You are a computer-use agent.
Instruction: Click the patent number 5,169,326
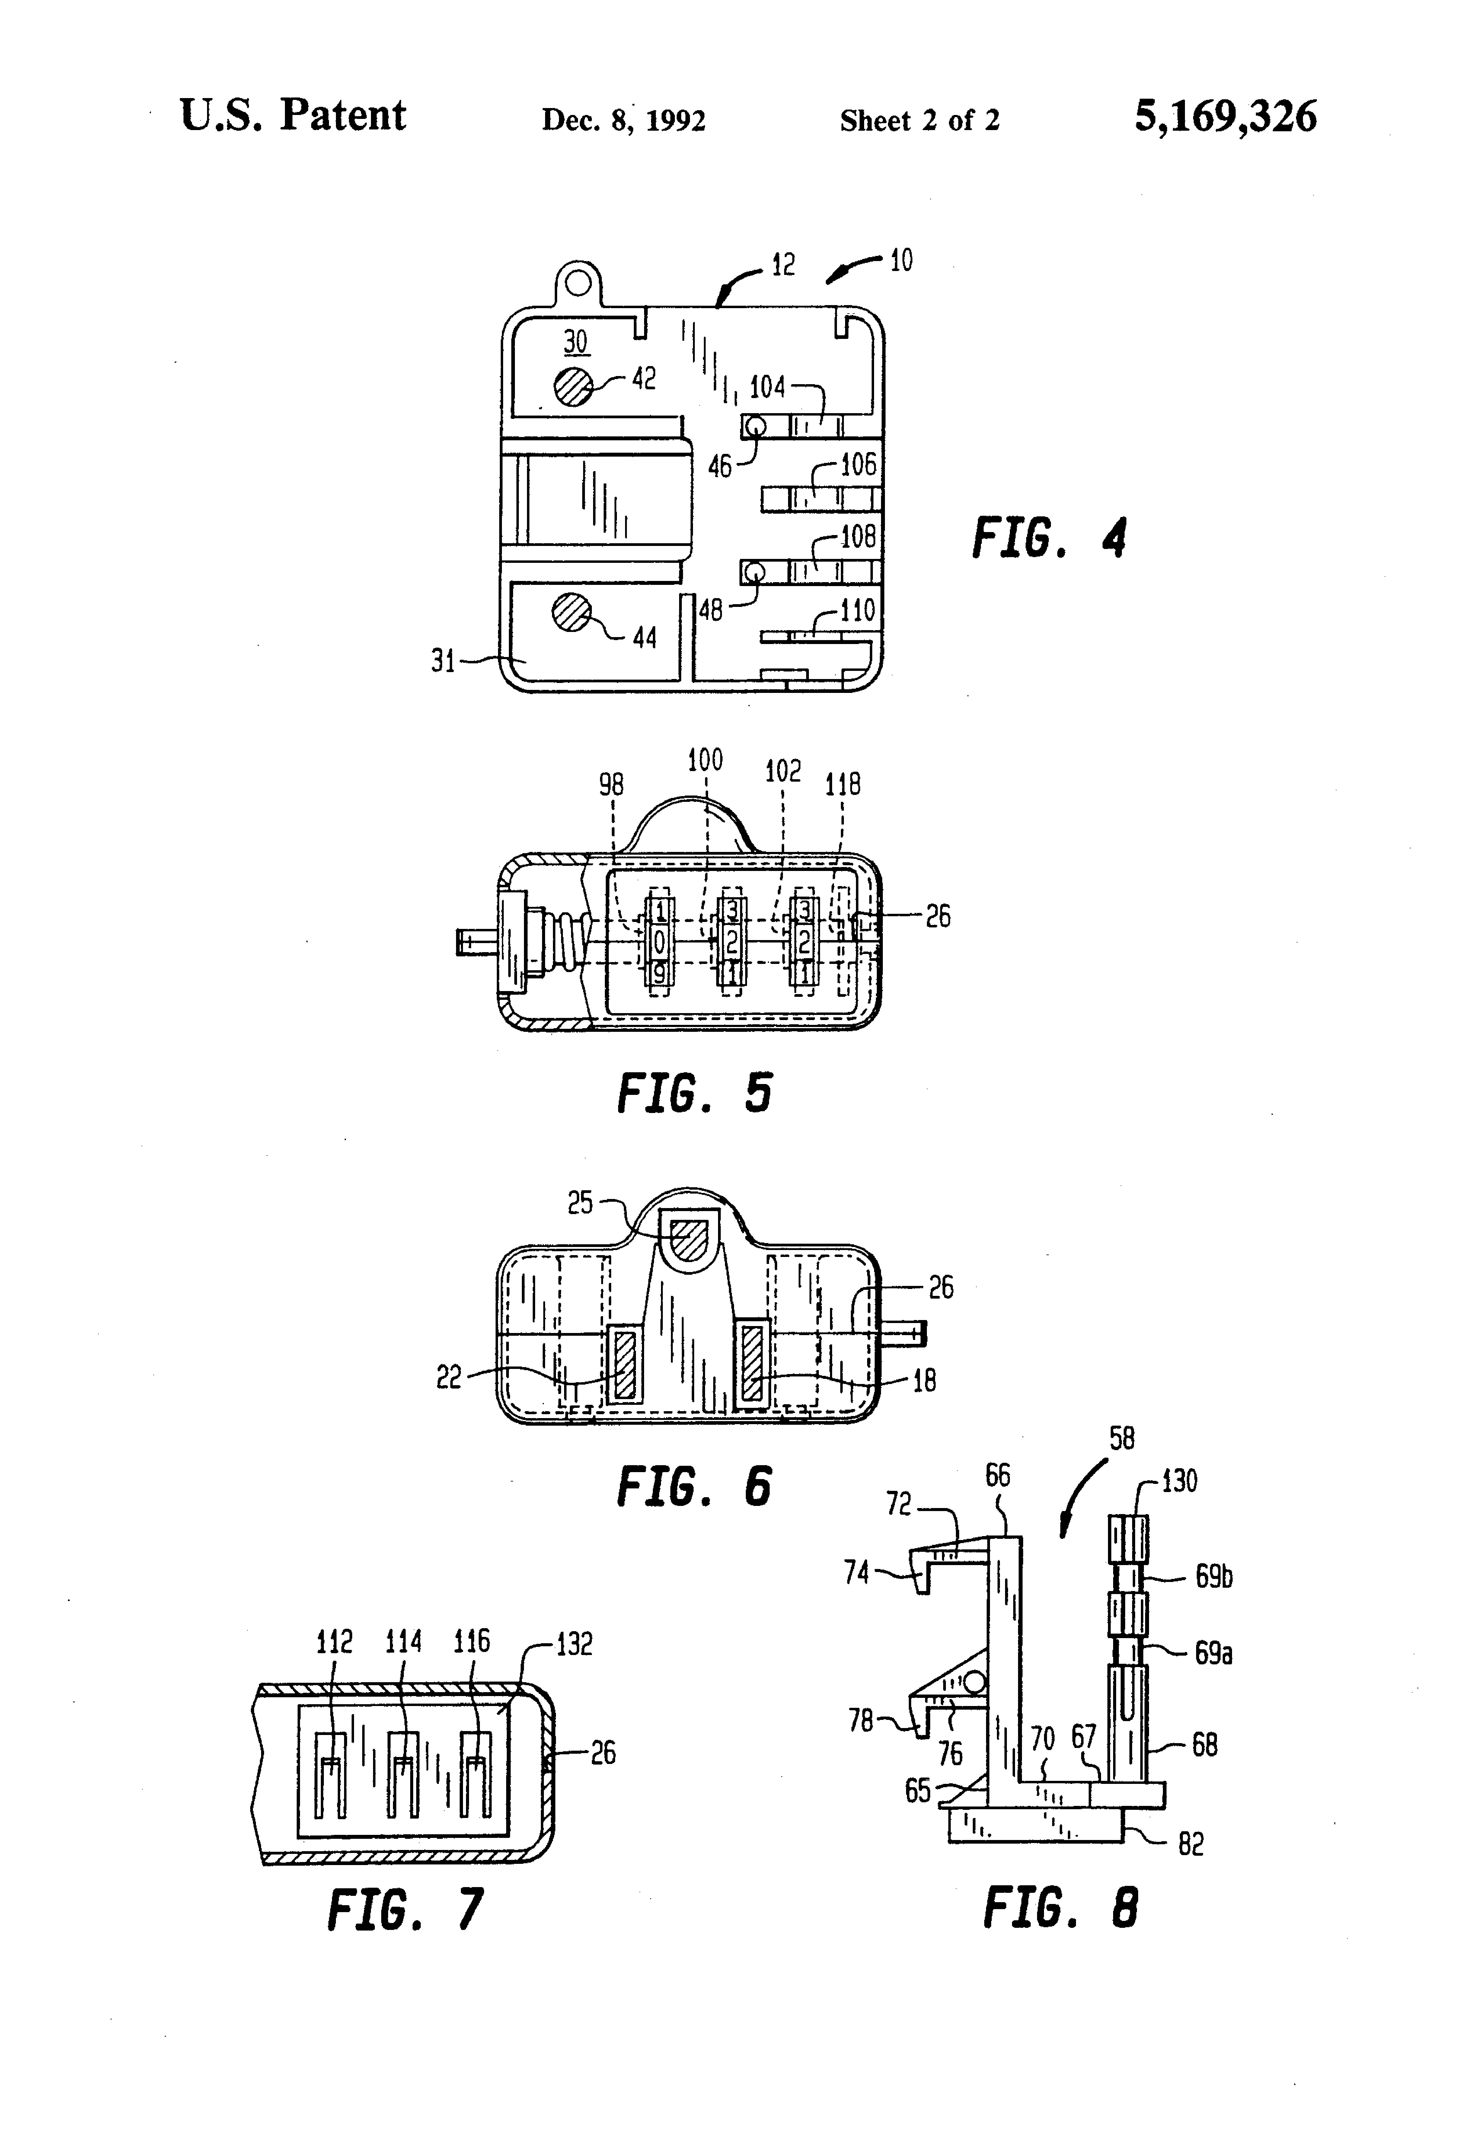click(x=1225, y=117)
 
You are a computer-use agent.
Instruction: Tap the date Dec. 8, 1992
click(x=624, y=120)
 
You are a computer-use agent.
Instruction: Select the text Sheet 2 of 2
click(x=919, y=120)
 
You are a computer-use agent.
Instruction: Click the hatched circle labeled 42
click(x=574, y=385)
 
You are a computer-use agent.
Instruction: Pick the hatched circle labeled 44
click(x=572, y=612)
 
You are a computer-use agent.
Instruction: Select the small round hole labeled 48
click(x=755, y=572)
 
